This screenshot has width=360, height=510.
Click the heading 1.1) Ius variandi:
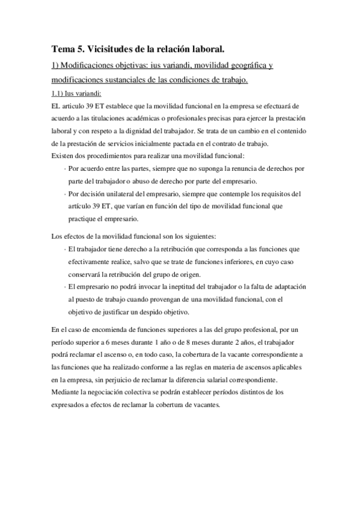coord(76,93)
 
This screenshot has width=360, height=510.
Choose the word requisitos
coord(279,194)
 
